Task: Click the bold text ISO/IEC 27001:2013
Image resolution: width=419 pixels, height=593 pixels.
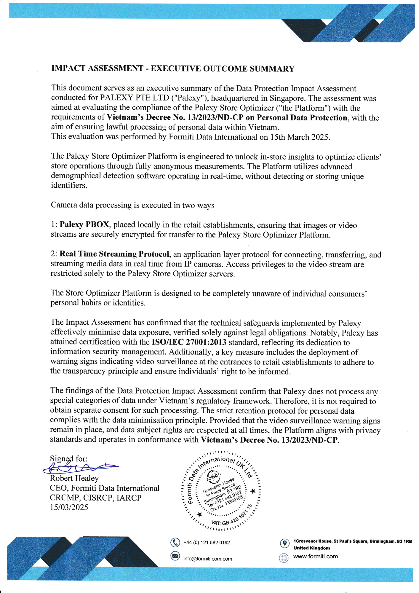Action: point(189,342)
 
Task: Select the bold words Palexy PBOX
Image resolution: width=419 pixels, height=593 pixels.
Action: point(84,224)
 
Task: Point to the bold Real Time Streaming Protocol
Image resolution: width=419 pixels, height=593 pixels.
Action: point(114,254)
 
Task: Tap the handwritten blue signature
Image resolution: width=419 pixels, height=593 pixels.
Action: point(80,468)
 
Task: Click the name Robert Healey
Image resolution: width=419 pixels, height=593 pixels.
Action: point(74,478)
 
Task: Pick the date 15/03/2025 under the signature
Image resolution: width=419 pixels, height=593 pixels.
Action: point(69,507)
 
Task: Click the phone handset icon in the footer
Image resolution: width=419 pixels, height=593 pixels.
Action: point(175,543)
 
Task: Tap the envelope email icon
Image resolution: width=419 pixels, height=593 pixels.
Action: point(175,556)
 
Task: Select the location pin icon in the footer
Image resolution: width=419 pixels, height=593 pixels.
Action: point(284,543)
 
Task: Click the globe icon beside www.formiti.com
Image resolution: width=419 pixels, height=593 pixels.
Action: point(284,558)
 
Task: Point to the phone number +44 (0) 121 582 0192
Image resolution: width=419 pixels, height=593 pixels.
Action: point(207,543)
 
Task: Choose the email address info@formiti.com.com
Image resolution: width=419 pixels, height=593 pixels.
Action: point(207,559)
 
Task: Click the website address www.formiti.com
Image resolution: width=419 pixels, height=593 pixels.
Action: point(315,557)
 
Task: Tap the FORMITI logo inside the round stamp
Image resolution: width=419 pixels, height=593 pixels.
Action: point(213,476)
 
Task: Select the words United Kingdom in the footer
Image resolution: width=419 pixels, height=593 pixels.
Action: point(311,548)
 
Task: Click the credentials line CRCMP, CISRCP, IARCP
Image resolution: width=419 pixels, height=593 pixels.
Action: point(95,498)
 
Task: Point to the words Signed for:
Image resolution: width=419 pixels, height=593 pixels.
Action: point(69,459)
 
